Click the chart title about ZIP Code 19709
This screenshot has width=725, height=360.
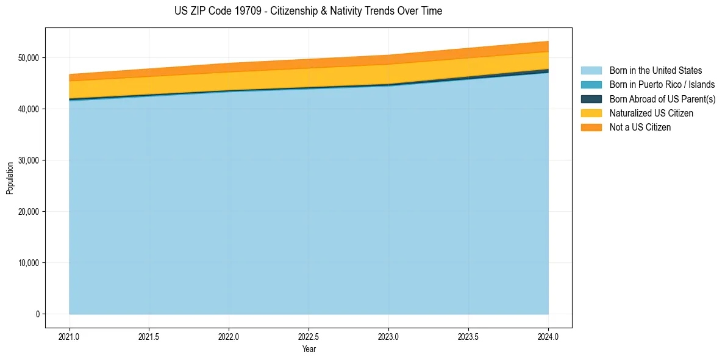[308, 11]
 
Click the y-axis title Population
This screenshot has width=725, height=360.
[10, 178]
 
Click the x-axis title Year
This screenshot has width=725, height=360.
[309, 349]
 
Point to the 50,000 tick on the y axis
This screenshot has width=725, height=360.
[28, 58]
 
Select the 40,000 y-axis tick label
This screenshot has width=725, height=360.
[28, 109]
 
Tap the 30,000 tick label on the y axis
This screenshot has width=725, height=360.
[28, 160]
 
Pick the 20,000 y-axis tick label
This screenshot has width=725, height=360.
[28, 212]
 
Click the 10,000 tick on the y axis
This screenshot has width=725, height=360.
[28, 263]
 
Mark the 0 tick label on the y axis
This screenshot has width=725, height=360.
[37, 314]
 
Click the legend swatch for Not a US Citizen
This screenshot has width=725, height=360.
[591, 128]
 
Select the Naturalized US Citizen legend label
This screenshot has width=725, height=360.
[651, 113]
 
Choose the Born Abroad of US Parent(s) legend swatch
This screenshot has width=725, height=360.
[591, 99]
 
